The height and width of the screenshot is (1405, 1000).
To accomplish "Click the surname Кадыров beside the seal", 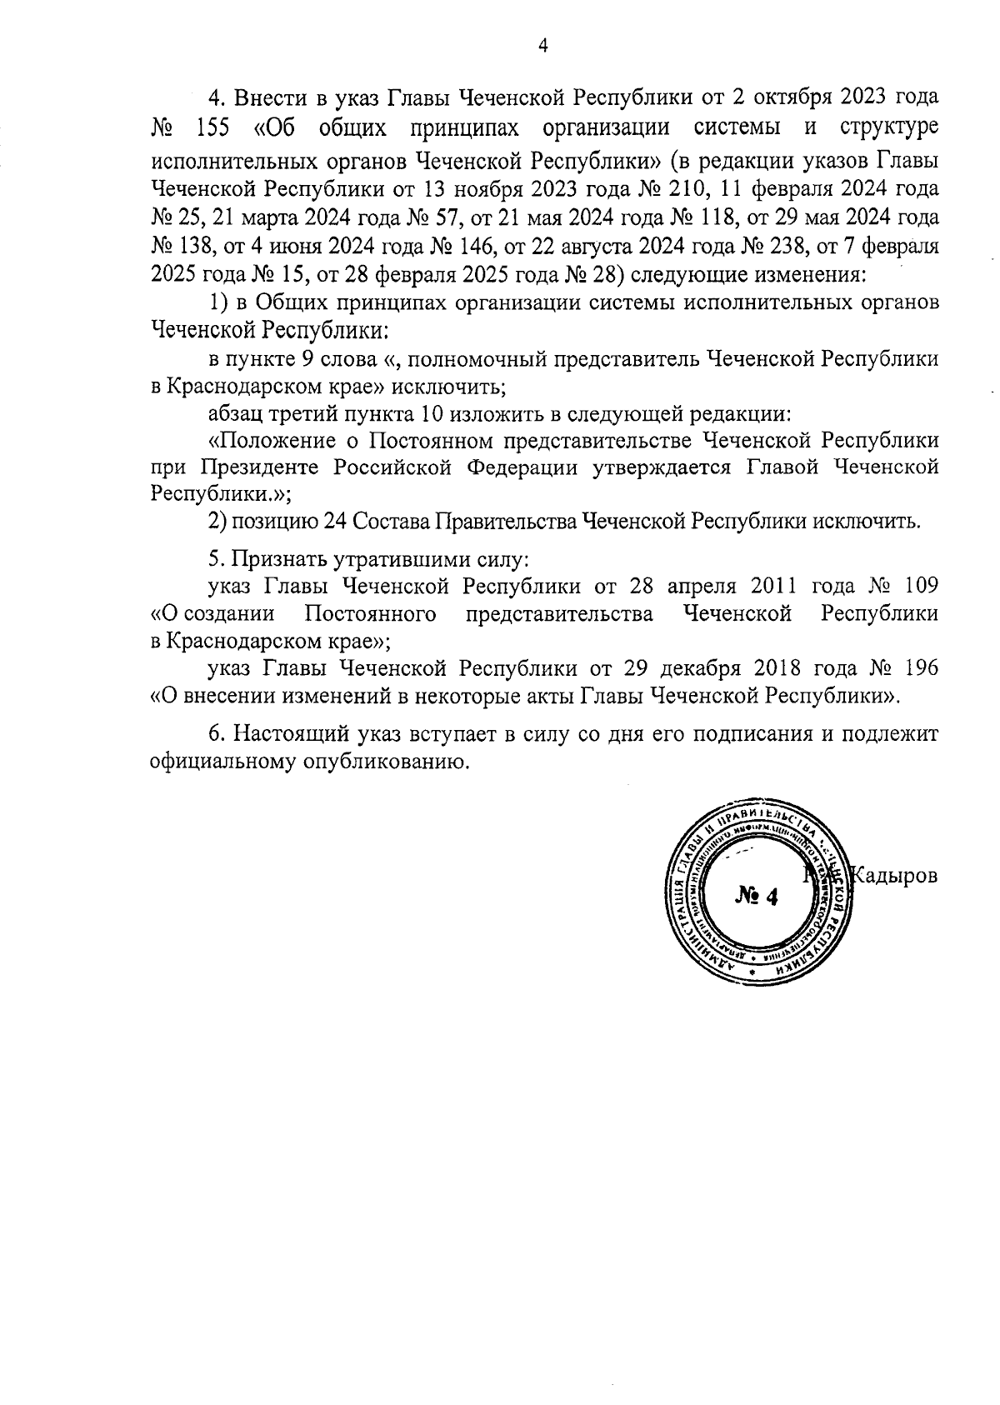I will pos(898,876).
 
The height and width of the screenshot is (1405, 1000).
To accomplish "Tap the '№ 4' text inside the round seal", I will pos(757,897).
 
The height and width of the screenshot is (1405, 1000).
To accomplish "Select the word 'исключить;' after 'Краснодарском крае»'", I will pos(453,387).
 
